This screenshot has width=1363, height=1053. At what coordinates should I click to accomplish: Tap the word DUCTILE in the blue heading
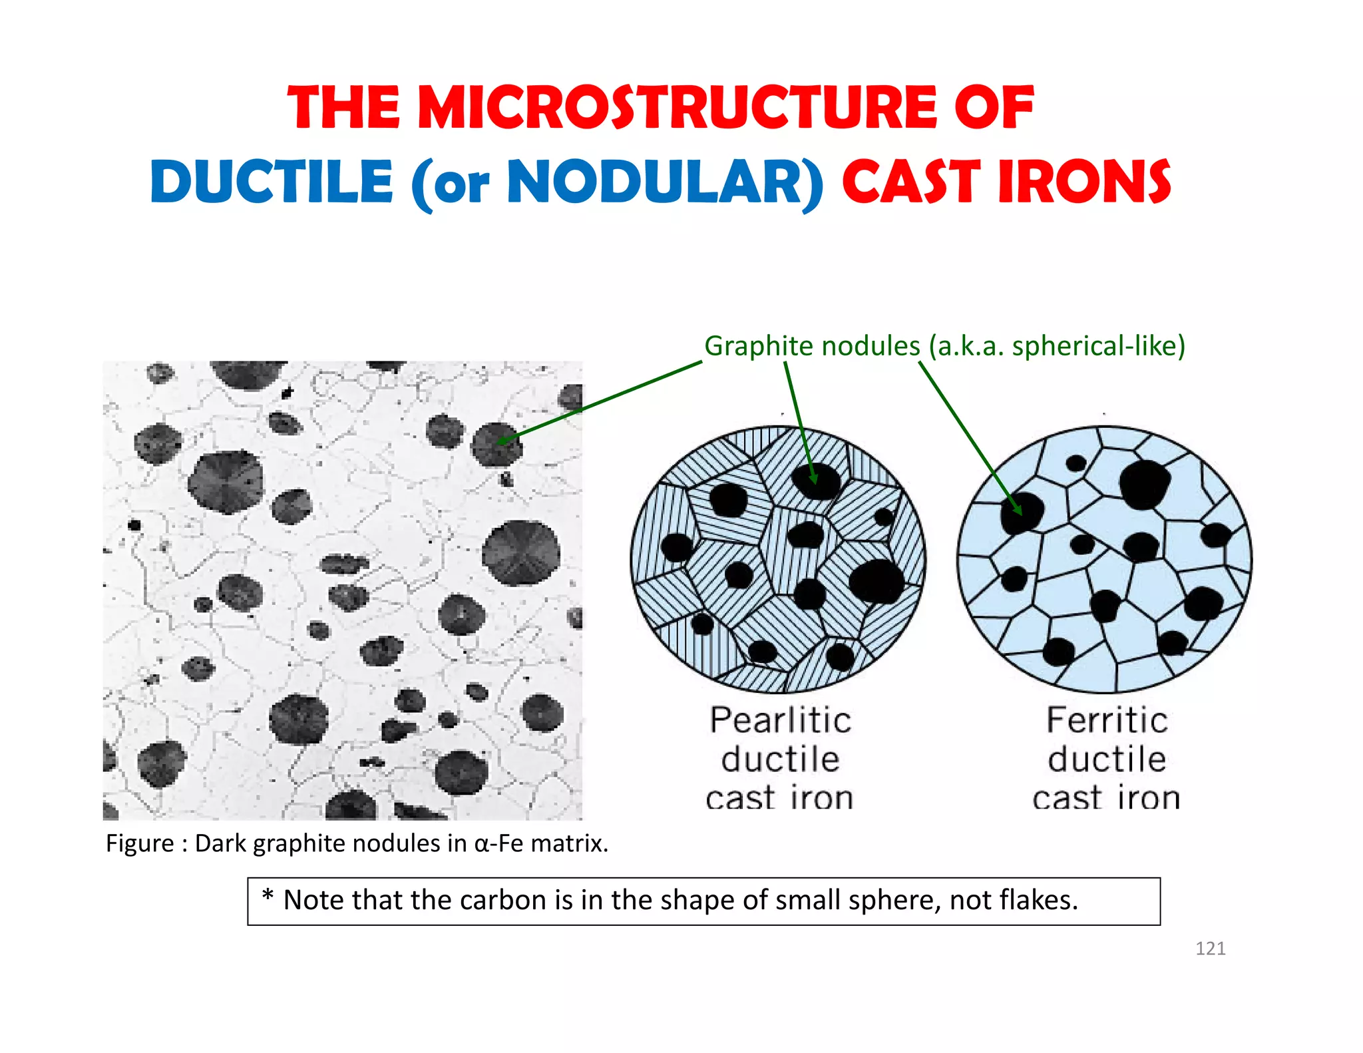[272, 182]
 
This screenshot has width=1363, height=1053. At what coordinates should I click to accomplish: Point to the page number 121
[1210, 948]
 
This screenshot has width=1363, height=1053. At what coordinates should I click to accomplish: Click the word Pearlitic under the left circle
[780, 720]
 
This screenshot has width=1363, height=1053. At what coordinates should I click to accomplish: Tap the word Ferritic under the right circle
[1107, 720]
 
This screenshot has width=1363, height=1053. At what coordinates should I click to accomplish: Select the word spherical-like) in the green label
[1099, 346]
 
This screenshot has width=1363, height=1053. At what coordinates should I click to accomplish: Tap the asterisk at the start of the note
[268, 896]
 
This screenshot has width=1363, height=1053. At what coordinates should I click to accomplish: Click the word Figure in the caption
[140, 843]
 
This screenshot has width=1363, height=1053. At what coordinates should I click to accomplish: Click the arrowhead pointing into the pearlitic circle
[813, 478]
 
